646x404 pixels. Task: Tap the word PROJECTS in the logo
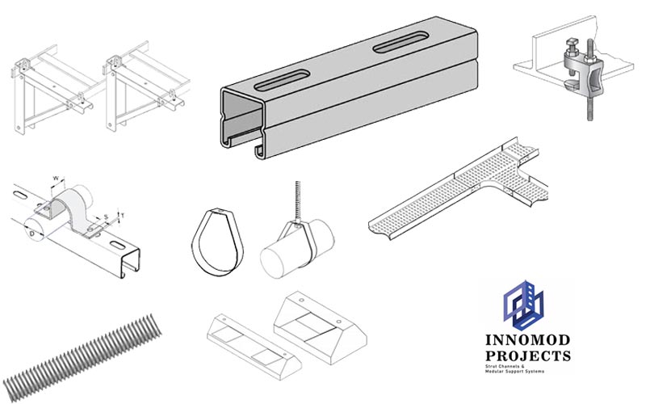(528, 355)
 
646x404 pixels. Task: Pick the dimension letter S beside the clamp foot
(105, 216)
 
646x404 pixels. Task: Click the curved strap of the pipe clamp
(73, 202)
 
